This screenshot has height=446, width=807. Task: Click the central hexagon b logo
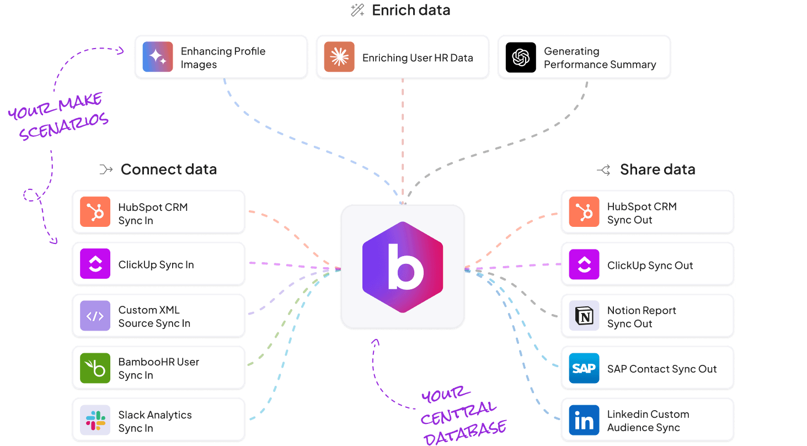point(403,267)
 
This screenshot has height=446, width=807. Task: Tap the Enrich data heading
point(411,10)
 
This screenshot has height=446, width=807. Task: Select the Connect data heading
point(168,169)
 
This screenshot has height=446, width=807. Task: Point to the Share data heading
point(657,169)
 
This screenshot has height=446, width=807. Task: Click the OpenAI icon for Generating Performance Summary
point(521,57)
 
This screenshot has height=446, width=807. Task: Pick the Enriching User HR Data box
point(402,57)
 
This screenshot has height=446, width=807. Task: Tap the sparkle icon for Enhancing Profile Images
point(158,57)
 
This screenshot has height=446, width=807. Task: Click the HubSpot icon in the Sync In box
point(95,212)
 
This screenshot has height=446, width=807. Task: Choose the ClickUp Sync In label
point(156,265)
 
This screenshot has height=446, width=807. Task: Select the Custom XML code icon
point(95,316)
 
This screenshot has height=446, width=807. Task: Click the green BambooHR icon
point(95,368)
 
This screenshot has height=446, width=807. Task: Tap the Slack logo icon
point(95,420)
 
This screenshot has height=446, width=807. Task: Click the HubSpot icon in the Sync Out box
point(584,212)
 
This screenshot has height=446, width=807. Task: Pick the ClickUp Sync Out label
point(650,266)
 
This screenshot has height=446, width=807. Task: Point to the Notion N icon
point(584,316)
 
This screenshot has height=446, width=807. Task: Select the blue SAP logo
point(584,368)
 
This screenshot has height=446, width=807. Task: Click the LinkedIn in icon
point(584,420)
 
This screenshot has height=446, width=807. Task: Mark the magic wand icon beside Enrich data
point(358,10)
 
